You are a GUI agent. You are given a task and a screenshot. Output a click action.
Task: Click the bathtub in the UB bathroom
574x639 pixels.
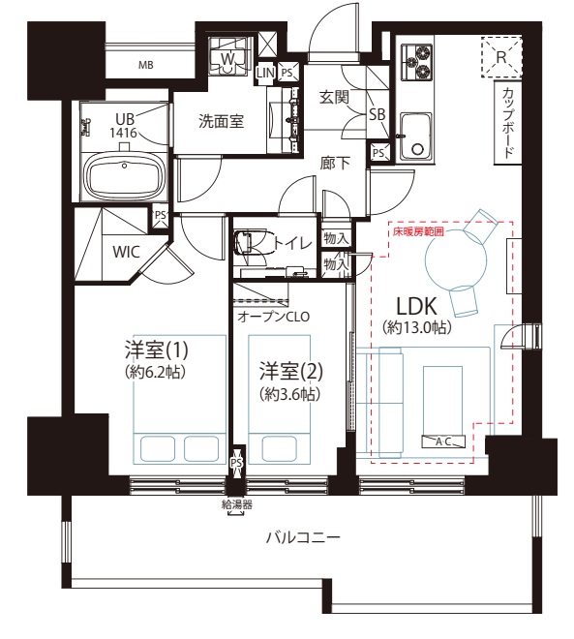point(125,177)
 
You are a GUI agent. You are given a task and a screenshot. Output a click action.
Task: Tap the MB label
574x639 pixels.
point(146,65)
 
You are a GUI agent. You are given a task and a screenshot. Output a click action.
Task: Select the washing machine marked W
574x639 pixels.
point(227,58)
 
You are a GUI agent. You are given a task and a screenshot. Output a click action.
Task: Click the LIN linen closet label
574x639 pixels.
point(265,73)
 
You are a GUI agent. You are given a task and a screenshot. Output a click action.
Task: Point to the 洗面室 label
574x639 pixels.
point(221,121)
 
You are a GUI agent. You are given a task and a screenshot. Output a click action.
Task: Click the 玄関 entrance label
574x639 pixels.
point(334,97)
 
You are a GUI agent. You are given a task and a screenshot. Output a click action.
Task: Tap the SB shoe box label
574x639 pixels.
point(378,114)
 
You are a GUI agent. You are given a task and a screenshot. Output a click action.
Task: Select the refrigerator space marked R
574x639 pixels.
point(501,57)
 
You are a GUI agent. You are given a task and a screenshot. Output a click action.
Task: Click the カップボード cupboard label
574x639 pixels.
point(507,123)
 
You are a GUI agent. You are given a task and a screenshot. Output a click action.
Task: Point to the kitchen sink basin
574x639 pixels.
point(416,137)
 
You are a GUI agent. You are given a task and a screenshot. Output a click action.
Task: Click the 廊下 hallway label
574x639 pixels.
point(335,163)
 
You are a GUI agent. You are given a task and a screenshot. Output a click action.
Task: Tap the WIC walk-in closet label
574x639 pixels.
point(126,252)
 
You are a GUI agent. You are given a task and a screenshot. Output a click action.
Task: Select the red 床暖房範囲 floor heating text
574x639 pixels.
point(418,232)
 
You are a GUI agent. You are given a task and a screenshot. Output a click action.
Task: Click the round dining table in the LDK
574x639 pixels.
point(456,260)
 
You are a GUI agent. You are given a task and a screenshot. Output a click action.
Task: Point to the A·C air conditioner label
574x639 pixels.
point(443,441)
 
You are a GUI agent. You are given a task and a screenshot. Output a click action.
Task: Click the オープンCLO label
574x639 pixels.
point(274,317)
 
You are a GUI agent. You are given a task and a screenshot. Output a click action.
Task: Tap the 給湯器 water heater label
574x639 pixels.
point(237,505)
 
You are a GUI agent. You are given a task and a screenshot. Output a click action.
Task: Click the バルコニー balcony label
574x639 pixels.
point(303,538)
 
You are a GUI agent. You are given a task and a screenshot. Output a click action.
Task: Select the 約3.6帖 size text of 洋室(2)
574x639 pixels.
point(289,394)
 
